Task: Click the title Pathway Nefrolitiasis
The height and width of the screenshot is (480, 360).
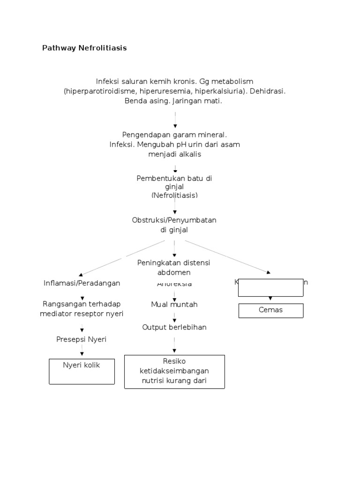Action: [84, 48]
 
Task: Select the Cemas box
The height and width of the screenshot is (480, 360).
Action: [270, 310]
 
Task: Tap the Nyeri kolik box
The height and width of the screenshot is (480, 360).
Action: [82, 371]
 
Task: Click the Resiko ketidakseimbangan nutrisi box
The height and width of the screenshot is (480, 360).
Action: [174, 371]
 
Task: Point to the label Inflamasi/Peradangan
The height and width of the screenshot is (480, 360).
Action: [82, 283]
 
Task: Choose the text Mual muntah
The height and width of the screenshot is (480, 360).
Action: [174, 304]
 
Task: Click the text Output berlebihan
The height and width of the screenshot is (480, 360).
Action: [174, 327]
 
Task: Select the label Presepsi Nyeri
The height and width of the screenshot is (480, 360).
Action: [82, 339]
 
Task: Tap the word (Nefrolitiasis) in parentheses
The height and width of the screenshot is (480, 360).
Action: [174, 195]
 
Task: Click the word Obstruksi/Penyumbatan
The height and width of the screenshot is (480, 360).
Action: [174, 220]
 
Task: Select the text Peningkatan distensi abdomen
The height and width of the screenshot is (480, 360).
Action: [174, 267]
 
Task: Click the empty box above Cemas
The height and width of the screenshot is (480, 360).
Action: [270, 288]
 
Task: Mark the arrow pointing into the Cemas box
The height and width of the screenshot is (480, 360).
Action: [270, 299]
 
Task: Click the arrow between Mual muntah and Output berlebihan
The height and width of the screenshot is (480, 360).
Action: [174, 317]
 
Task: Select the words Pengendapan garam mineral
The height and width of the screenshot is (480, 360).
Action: [174, 135]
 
